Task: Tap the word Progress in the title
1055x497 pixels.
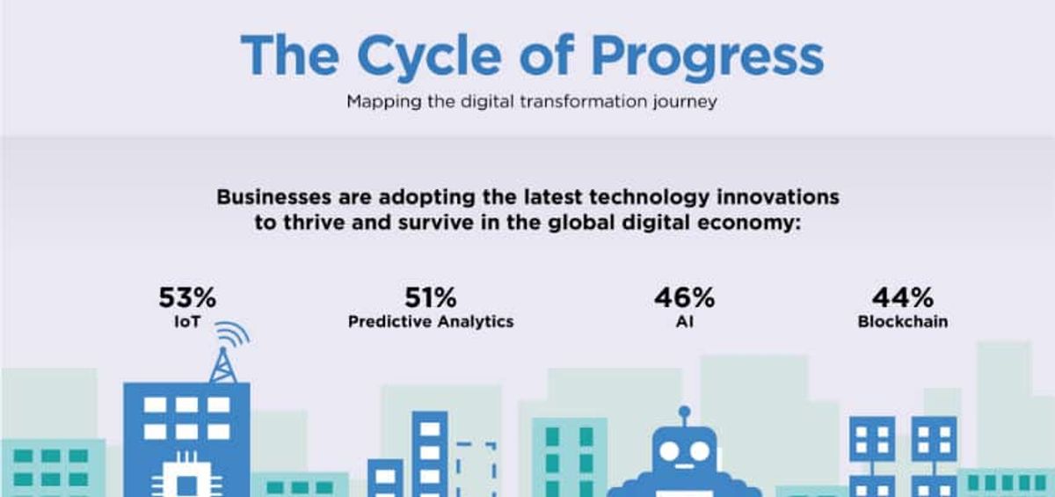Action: click(x=708, y=56)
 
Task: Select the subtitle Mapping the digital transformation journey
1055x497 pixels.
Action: click(x=531, y=101)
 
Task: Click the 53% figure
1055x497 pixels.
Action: click(x=186, y=298)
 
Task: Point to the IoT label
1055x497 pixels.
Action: click(x=186, y=322)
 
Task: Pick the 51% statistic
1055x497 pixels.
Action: click(x=431, y=298)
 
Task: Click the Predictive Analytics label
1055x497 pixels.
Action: click(x=431, y=322)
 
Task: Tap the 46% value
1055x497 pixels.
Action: click(x=684, y=298)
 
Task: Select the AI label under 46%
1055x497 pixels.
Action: click(x=684, y=322)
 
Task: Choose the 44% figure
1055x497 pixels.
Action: click(x=902, y=298)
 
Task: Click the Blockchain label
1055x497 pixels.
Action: click(x=902, y=322)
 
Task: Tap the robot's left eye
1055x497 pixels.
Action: click(x=670, y=451)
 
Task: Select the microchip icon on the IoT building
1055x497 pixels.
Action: click(x=186, y=479)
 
